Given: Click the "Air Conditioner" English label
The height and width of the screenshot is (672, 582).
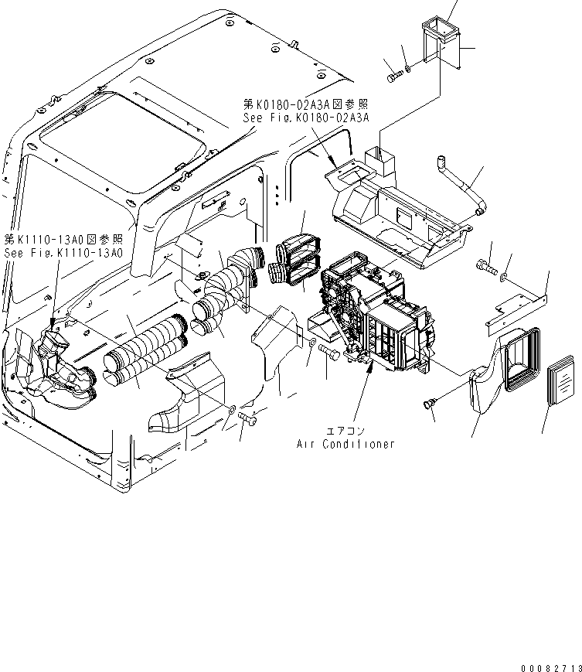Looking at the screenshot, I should [x=345, y=444].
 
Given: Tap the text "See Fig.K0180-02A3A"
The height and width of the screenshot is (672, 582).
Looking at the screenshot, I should [x=306, y=118].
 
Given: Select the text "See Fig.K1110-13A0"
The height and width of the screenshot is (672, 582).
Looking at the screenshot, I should [x=63, y=252].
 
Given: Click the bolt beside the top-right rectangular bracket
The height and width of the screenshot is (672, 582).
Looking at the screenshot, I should [x=392, y=76].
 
